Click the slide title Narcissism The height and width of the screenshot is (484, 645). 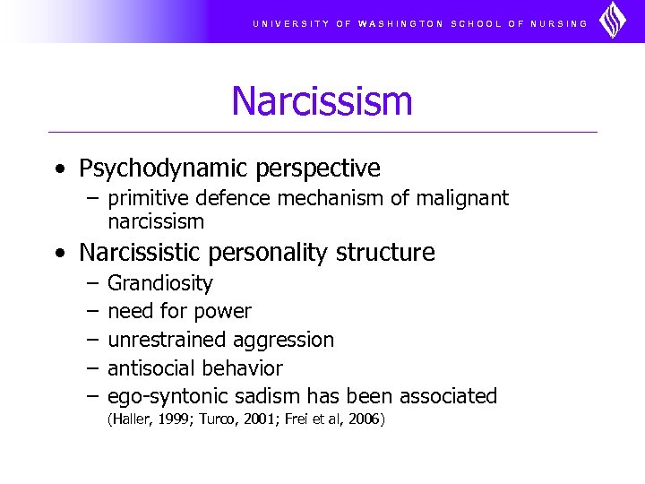pyautogui.click(x=322, y=100)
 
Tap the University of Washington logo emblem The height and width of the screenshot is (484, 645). pyautogui.click(x=613, y=21)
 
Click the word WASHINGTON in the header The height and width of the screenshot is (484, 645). pyautogui.click(x=400, y=24)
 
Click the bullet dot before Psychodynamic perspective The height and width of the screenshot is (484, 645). pyautogui.click(x=59, y=169)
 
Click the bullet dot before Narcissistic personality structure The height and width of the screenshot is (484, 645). pyautogui.click(x=59, y=254)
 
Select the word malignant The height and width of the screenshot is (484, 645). pyautogui.click(x=465, y=198)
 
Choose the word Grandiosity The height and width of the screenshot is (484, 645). pyautogui.click(x=160, y=284)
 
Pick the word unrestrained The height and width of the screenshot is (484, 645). pyautogui.click(x=167, y=340)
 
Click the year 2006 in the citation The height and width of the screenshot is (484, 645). pyautogui.click(x=364, y=419)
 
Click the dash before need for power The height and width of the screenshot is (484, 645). pyautogui.click(x=92, y=312)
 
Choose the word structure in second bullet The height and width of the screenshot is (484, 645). pyautogui.click(x=385, y=253)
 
